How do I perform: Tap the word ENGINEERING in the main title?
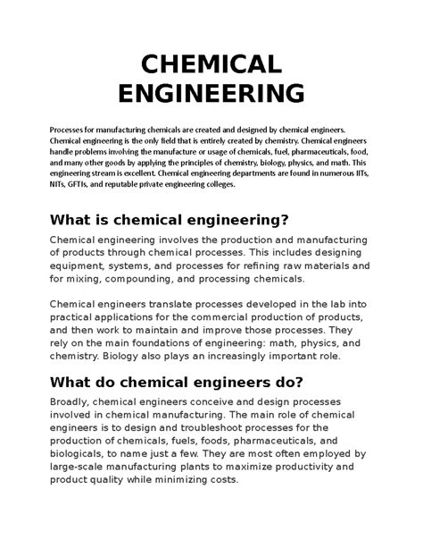point(211,93)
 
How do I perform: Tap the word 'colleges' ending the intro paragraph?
point(213,186)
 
